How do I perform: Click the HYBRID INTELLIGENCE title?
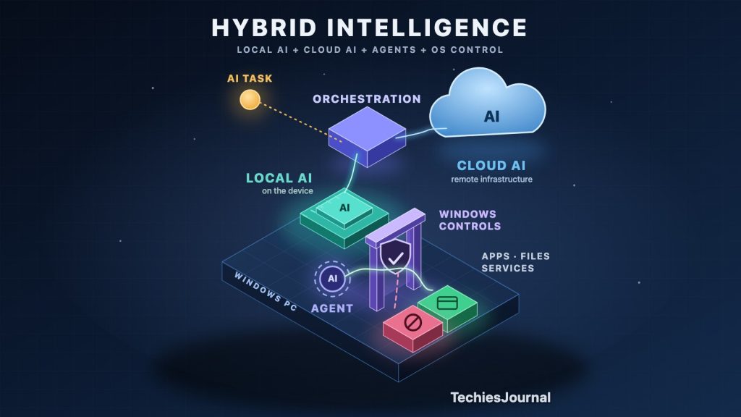pyautogui.click(x=369, y=28)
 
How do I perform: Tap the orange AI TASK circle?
pyautogui.click(x=250, y=99)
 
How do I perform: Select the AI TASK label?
pyautogui.click(x=250, y=78)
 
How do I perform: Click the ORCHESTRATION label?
pyautogui.click(x=367, y=98)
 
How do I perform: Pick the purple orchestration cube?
pyautogui.click(x=367, y=137)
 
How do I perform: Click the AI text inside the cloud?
pyautogui.click(x=491, y=117)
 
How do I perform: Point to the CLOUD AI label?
pyautogui.click(x=491, y=166)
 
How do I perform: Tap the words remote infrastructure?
pyautogui.click(x=491, y=180)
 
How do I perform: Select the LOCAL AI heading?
pyautogui.click(x=279, y=178)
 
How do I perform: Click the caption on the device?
pyautogui.click(x=287, y=191)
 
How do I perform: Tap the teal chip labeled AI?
pyautogui.click(x=344, y=216)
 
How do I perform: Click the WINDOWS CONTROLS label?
pyautogui.click(x=470, y=220)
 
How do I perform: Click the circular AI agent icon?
pyautogui.click(x=333, y=279)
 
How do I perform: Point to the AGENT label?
pyautogui.click(x=332, y=308)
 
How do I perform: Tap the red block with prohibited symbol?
pyautogui.click(x=412, y=328)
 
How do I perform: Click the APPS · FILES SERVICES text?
pyautogui.click(x=515, y=262)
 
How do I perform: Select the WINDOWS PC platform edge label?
pyautogui.click(x=266, y=292)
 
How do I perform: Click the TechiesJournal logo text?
pyautogui.click(x=501, y=397)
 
